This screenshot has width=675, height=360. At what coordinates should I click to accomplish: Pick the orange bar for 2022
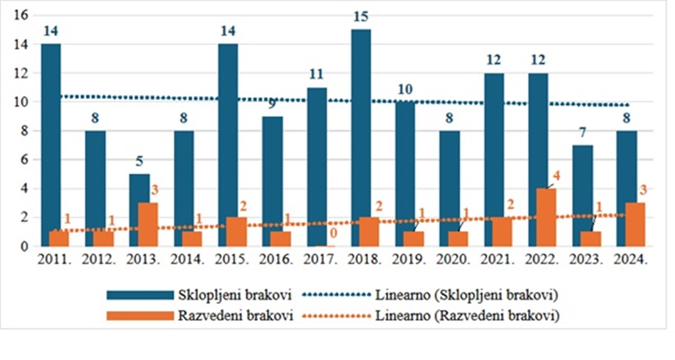[x=546, y=217]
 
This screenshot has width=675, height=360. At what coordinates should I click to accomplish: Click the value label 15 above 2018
[x=361, y=17]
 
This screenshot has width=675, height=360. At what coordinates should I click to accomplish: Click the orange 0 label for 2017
[x=332, y=232]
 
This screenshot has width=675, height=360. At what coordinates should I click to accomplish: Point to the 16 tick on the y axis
[x=21, y=16]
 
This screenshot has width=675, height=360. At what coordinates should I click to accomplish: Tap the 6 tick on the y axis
[x=24, y=160]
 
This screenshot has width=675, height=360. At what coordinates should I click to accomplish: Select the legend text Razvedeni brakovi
[x=236, y=316]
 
